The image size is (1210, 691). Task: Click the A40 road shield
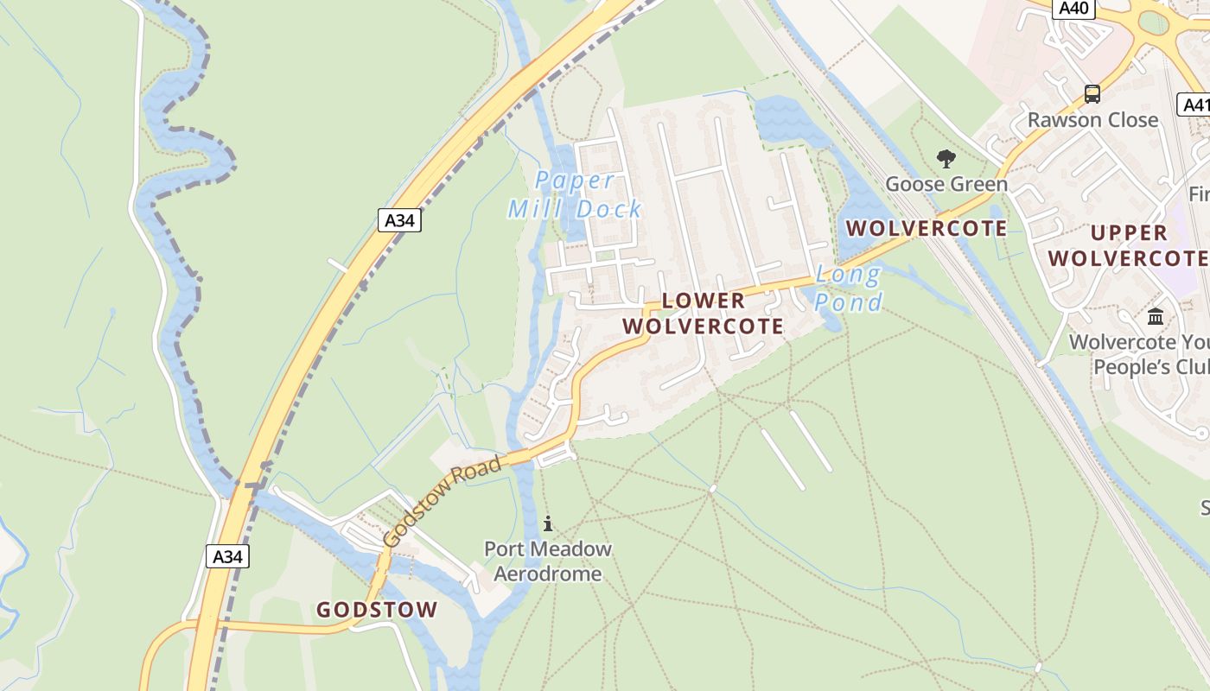point(1073,9)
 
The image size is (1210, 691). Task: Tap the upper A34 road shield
point(399,220)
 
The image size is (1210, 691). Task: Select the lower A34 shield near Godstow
point(228,556)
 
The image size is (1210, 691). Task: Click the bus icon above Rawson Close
point(1092,93)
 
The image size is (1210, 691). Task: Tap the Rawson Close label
point(1092,119)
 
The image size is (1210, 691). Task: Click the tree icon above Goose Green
point(946,159)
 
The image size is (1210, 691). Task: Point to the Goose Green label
point(946,184)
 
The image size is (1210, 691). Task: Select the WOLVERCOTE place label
point(927,229)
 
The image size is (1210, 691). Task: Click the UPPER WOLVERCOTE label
point(1128,245)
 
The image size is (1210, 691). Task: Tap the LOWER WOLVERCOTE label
point(703,314)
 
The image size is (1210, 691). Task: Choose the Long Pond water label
point(849,288)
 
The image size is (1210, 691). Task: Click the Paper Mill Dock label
point(575,194)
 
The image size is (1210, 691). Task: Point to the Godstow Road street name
point(442,501)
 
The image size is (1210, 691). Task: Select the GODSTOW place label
point(377,610)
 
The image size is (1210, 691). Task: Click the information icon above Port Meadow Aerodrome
point(547,523)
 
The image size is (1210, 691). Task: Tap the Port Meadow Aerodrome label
point(548,561)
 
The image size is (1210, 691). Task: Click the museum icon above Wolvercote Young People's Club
point(1156,317)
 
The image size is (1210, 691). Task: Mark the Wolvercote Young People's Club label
point(1139,354)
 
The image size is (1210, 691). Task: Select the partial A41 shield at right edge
point(1194,105)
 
